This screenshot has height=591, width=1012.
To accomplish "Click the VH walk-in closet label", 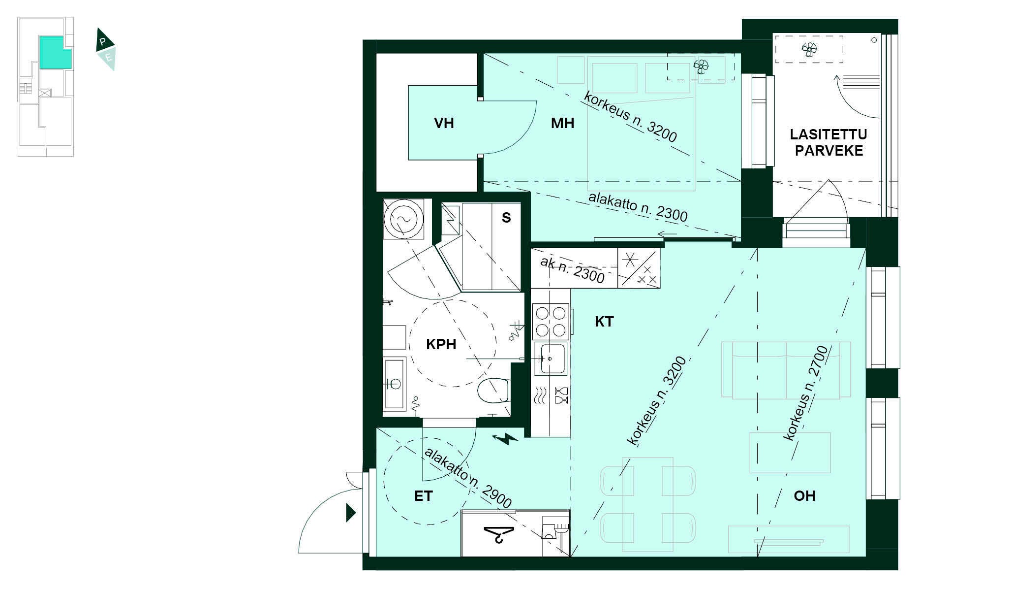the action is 444,123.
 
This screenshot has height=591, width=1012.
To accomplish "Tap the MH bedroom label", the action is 562,123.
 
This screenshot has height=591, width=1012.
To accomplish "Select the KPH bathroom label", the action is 441,344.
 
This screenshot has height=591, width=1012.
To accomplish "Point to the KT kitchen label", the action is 604,322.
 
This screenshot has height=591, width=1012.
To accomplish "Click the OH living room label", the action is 804,496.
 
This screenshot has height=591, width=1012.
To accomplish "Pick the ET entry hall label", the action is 423,496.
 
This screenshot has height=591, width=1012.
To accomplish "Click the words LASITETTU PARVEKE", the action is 828,142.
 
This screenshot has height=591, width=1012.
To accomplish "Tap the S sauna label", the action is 506,218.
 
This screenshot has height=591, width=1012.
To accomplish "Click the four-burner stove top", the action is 551,321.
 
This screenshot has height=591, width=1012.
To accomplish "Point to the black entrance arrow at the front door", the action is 351,513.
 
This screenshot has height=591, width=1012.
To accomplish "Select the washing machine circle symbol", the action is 403,220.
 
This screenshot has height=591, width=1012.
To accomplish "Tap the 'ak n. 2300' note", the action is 572,270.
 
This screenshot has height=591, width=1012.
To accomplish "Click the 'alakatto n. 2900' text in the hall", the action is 468,477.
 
